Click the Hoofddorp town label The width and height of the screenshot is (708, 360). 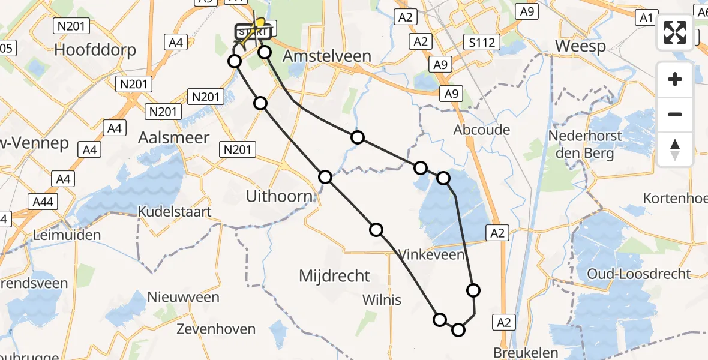pos(95,49)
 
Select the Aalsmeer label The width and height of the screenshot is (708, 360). pos(174,137)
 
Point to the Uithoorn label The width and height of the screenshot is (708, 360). pos(280,196)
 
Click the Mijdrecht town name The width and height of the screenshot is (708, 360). pos(335,276)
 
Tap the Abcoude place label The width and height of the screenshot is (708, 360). pos(482,130)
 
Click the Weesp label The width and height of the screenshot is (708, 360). pos(580,46)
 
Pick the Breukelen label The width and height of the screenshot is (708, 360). pos(526,353)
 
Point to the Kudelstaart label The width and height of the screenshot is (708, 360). pos(174,212)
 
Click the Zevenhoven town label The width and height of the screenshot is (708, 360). pos(216,329)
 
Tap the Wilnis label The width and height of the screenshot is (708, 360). pos(382,299)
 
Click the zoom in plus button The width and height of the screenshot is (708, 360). pos(675,79)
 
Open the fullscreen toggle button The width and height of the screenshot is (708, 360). pos(675,32)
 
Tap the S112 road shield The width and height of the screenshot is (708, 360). pos(482,41)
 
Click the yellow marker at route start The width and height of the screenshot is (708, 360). pos(260,23)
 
